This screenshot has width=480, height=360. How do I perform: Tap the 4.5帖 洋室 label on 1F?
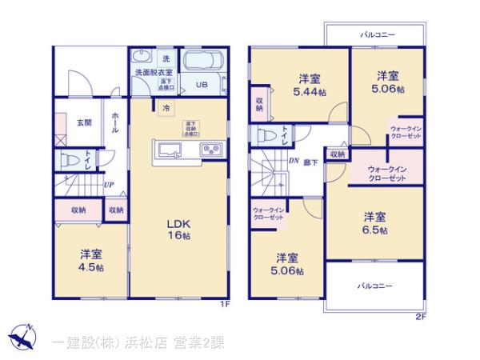click(x=90, y=261)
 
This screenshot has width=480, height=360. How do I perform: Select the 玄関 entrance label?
click(x=84, y=122)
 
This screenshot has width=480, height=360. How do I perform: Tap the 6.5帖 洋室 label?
click(x=374, y=223)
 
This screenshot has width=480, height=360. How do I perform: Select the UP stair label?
click(x=107, y=184)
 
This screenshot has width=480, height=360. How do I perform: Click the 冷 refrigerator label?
click(x=166, y=108)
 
